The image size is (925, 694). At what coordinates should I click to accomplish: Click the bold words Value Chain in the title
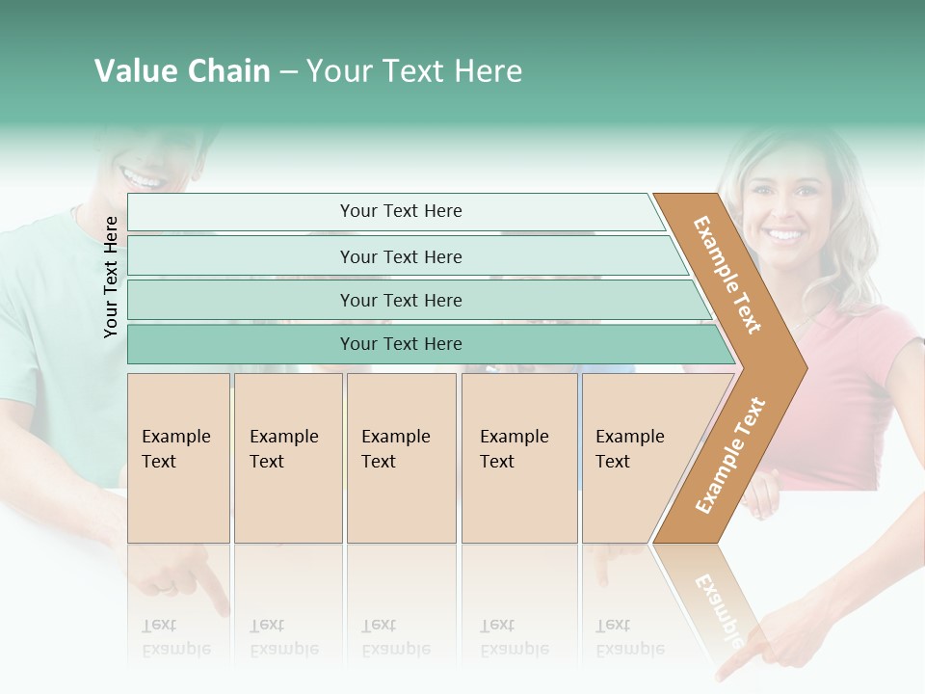click(x=182, y=71)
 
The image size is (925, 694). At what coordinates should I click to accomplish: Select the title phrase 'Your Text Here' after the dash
click(x=414, y=71)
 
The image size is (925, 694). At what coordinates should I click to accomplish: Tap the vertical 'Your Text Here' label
click(x=112, y=277)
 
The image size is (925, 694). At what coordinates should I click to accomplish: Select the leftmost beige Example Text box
click(x=178, y=458)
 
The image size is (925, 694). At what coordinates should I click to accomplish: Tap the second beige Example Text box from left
click(x=287, y=458)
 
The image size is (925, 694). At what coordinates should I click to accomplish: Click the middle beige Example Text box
click(x=401, y=458)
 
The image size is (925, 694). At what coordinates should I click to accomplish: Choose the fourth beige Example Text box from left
click(x=518, y=458)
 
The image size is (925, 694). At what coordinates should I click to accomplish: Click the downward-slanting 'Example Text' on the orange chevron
click(x=727, y=275)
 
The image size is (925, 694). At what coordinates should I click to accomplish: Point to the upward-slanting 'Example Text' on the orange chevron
click(x=729, y=456)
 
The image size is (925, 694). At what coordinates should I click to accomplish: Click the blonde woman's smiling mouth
click(x=783, y=234)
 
